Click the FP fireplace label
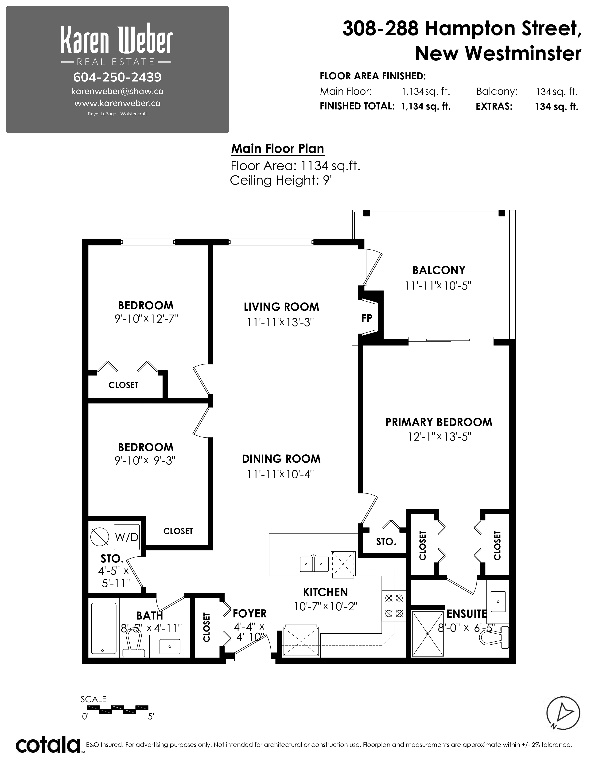367,318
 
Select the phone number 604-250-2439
117,77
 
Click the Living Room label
281,307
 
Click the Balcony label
439,270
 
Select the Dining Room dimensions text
281,474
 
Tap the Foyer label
249,613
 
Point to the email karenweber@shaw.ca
117,91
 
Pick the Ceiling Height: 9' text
281,180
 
